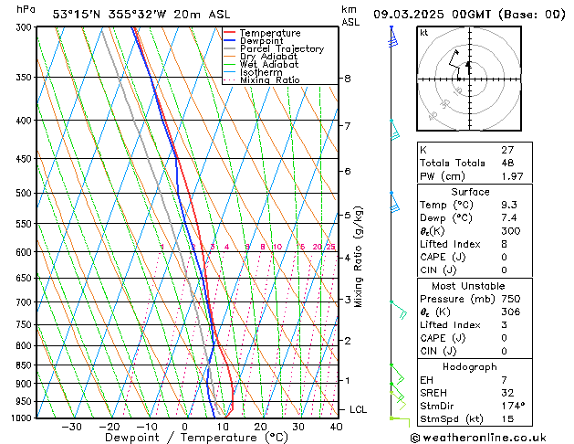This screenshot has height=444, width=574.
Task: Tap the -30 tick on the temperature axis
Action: pyautogui.click(x=71, y=426)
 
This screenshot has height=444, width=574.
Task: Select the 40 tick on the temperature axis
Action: pyautogui.click(x=336, y=426)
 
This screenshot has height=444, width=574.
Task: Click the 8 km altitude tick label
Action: pyautogui.click(x=347, y=79)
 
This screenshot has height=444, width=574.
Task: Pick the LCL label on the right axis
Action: pyautogui.click(x=358, y=409)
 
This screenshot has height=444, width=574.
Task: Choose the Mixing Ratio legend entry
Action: pyautogui.click(x=269, y=80)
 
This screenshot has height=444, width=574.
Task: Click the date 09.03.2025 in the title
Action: pyautogui.click(x=416, y=14)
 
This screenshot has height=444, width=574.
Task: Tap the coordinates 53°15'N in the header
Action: pyautogui.click(x=78, y=14)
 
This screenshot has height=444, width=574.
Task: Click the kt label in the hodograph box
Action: pyautogui.click(x=424, y=32)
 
